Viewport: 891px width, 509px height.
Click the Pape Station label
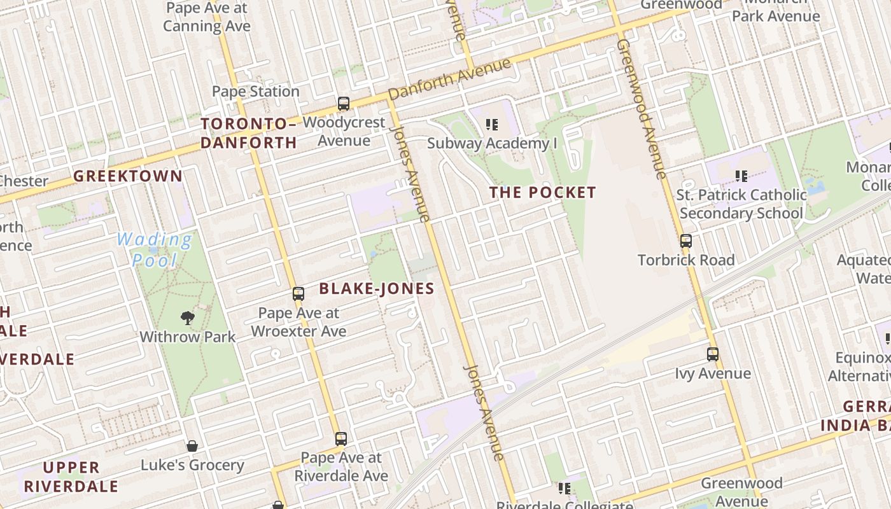pyautogui.click(x=255, y=92)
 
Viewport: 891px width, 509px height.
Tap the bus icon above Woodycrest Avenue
pyautogui.click(x=344, y=104)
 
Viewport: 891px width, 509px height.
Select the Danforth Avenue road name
pyautogui.click(x=449, y=79)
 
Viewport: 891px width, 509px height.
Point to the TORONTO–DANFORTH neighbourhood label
pyautogui.click(x=249, y=133)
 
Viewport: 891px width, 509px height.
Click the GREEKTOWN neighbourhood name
pyautogui.click(x=128, y=176)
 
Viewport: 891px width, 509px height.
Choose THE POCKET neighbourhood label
pyautogui.click(x=543, y=192)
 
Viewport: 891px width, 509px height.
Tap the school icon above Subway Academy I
pyautogui.click(x=491, y=125)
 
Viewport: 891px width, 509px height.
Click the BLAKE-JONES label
pyautogui.click(x=377, y=289)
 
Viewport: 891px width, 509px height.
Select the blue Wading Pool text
pyautogui.click(x=155, y=249)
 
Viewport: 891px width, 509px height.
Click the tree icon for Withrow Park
pyautogui.click(x=187, y=317)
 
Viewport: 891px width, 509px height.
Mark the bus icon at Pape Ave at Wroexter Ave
pyautogui.click(x=298, y=294)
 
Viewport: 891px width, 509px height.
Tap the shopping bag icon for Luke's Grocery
pyautogui.click(x=192, y=446)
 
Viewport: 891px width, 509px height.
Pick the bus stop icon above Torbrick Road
pyautogui.click(x=686, y=241)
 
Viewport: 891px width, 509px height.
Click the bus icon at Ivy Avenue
pyautogui.click(x=713, y=354)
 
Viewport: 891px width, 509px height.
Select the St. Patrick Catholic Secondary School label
pyautogui.click(x=741, y=204)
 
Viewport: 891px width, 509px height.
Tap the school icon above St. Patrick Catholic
pyautogui.click(x=741, y=176)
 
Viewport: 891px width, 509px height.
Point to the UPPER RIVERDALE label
pyautogui.click(x=71, y=477)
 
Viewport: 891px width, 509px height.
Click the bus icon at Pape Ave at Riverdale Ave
pyautogui.click(x=341, y=438)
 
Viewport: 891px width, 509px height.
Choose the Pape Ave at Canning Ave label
pyautogui.click(x=207, y=17)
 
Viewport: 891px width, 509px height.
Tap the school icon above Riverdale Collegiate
pyautogui.click(x=564, y=489)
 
